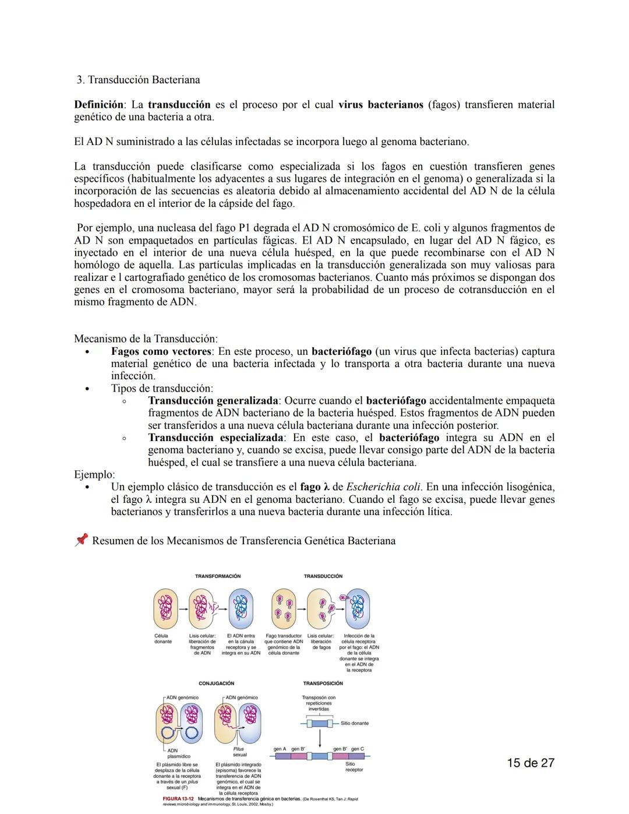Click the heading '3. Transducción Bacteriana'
click(x=139, y=80)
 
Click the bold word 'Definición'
click(x=98, y=105)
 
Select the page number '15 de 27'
click(x=530, y=763)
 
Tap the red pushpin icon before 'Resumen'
click(x=81, y=540)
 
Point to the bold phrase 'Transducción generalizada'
click(x=213, y=401)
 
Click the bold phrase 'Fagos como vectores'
click(x=161, y=351)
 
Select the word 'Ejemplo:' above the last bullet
click(x=94, y=474)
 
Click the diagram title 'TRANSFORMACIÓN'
click(x=218, y=576)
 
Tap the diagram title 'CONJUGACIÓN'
click(x=216, y=683)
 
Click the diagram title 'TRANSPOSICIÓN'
click(x=323, y=683)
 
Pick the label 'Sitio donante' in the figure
click(x=355, y=723)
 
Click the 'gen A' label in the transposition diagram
click(x=280, y=749)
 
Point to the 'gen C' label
click(x=358, y=749)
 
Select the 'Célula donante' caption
click(x=162, y=639)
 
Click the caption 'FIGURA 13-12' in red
click(x=178, y=798)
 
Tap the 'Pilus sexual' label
click(x=239, y=752)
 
